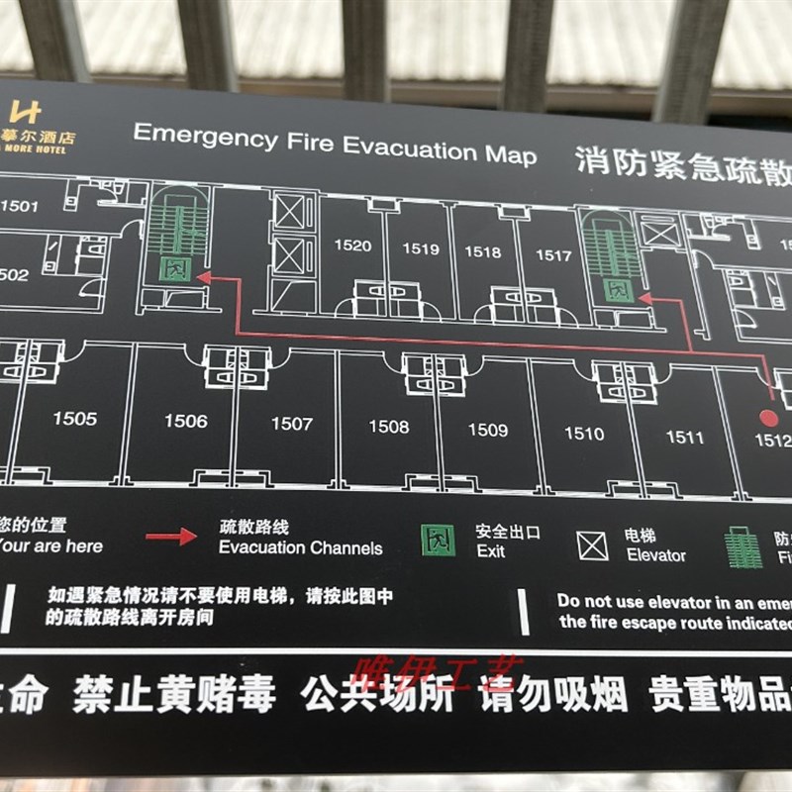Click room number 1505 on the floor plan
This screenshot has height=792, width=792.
75,419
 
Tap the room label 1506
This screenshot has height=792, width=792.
186,422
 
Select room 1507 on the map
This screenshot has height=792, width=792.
291,424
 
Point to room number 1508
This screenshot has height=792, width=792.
388,427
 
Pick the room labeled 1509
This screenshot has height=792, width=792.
488,430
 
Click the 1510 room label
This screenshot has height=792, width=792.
584,433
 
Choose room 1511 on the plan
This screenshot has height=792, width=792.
684,437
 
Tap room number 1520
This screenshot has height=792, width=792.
352,246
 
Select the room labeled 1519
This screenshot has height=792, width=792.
420,248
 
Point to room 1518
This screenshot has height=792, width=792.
483,251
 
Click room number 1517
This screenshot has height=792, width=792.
553,255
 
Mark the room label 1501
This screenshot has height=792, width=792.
20,207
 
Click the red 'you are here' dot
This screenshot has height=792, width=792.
766,416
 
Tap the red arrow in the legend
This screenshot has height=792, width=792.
171,537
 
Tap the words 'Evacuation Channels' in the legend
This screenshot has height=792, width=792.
300,547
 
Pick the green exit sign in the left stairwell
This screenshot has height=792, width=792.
174,268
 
